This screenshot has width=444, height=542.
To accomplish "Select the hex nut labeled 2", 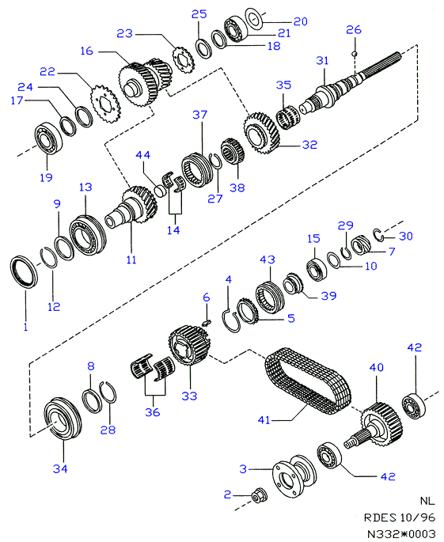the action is [x=258, y=496].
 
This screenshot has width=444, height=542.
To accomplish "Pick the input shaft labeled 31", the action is [x=349, y=83].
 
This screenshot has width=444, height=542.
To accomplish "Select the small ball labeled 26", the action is [x=354, y=53].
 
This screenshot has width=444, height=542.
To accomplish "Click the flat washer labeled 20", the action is [x=254, y=17].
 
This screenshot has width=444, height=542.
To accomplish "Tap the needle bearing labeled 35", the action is [x=288, y=118].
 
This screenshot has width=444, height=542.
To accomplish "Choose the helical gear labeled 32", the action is [x=261, y=133].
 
